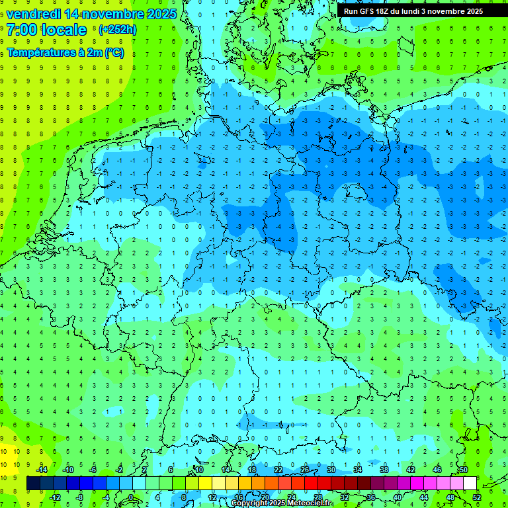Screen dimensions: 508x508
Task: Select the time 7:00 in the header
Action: coord(22,30)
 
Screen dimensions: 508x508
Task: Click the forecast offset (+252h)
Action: coord(118,30)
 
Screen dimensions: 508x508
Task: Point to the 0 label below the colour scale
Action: coord(132,497)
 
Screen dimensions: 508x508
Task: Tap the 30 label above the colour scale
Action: coord(331,470)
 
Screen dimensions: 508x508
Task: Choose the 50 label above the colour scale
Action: coord(463,470)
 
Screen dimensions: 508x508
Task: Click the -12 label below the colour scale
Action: coord(55,497)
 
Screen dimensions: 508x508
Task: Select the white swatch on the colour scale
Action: coord(470,483)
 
